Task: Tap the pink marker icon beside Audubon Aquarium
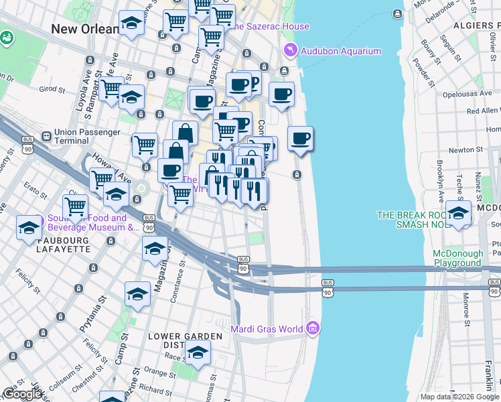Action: pos(290,50)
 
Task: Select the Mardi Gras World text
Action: pos(267,328)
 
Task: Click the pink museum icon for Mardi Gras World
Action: pos(313,328)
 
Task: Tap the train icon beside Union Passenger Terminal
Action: pos(46,136)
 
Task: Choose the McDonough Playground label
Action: pos(457,259)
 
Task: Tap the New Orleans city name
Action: pos(84,29)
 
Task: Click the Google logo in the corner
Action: pos(23,395)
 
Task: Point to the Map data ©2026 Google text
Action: pos(460,397)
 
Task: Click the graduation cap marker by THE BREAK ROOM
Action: pos(459,214)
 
